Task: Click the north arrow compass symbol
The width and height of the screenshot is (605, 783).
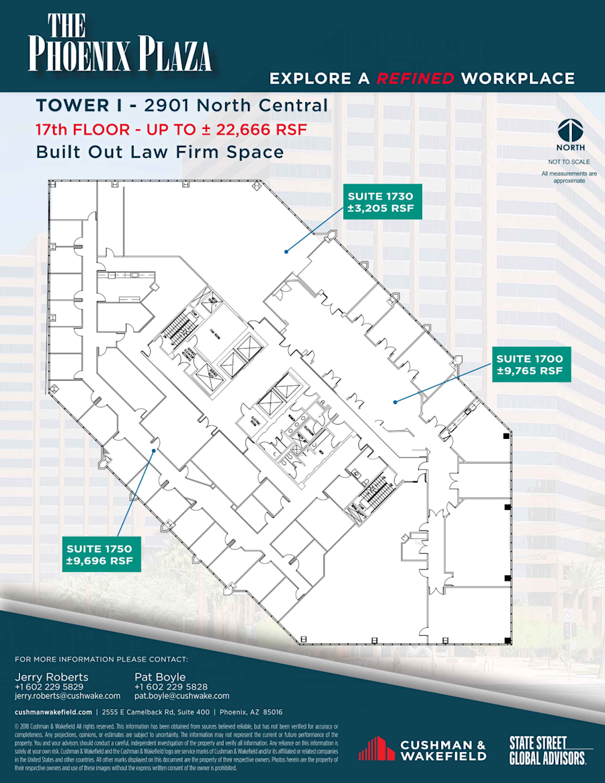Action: [569, 130]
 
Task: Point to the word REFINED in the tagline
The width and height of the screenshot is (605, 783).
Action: [415, 78]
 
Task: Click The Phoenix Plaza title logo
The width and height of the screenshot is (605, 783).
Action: [120, 44]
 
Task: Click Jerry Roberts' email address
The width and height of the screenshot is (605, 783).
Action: [67, 696]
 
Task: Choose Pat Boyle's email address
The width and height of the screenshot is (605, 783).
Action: [182, 696]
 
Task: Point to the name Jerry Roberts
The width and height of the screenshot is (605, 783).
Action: [51, 676]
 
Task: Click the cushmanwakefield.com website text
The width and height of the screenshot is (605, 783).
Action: [53, 712]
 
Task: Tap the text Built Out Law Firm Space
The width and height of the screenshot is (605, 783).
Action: [160, 152]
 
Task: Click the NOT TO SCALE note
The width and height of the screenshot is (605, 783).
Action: [569, 161]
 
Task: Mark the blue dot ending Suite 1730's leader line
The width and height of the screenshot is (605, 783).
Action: [286, 251]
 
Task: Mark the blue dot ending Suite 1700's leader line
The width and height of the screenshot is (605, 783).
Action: [395, 402]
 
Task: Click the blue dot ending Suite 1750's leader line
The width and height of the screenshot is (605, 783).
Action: [154, 450]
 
